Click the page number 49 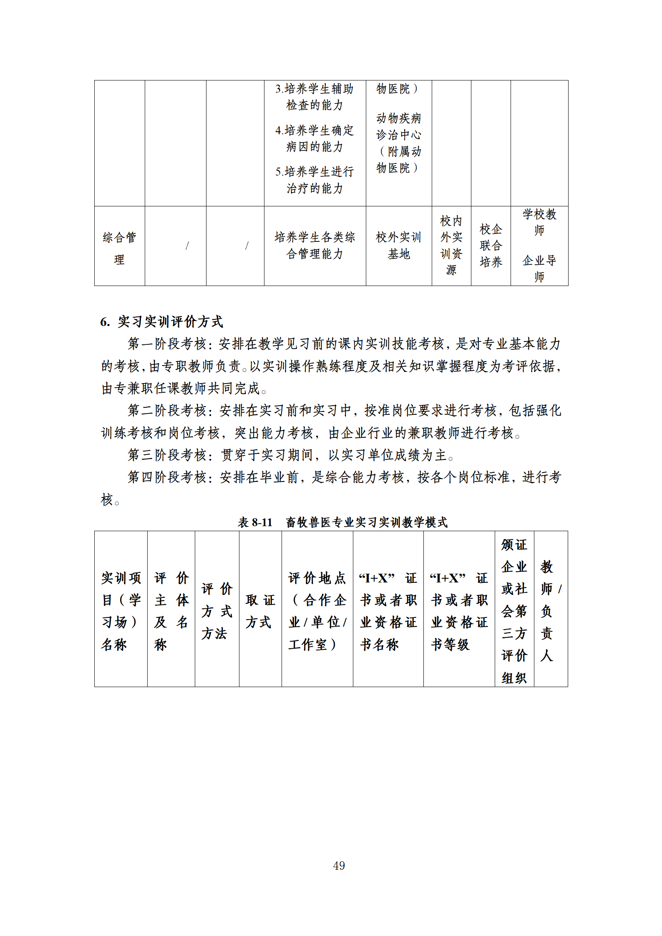(x=339, y=866)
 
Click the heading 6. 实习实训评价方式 (x=162, y=321)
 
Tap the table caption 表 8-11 (x=255, y=522)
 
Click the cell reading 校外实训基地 (x=398, y=246)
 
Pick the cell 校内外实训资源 (x=451, y=246)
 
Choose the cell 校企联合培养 (x=491, y=246)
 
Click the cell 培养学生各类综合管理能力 (x=315, y=246)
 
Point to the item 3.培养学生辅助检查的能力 (x=315, y=97)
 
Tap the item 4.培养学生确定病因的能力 (x=315, y=138)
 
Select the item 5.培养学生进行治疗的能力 (x=315, y=180)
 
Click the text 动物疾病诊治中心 (x=399, y=127)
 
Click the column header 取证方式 (x=260, y=611)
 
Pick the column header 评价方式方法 (x=216, y=611)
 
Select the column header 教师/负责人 (x=550, y=611)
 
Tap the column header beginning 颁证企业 (x=514, y=611)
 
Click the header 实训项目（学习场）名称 (x=121, y=611)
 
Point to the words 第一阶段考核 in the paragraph (x=167, y=344)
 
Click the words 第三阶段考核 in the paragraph (x=167, y=455)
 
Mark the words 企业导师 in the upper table (x=539, y=268)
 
